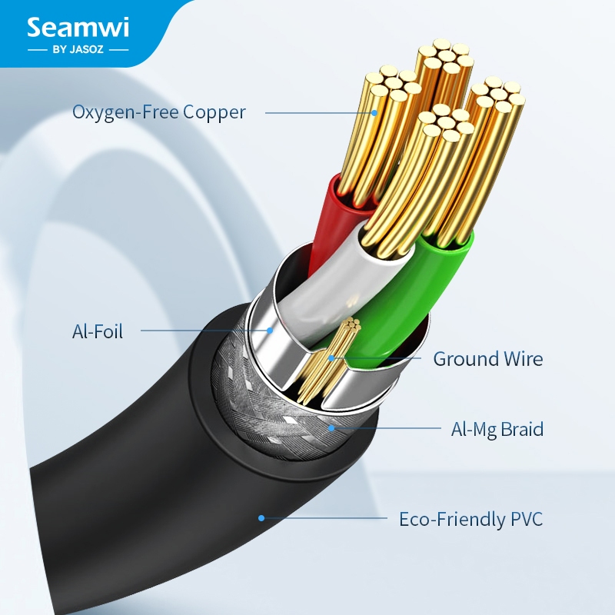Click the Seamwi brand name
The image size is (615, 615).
point(78,28)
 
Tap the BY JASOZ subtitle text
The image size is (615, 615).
point(78,50)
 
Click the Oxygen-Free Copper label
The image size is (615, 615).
point(159,112)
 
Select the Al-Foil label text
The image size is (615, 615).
point(98,331)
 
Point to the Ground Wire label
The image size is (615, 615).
point(488,359)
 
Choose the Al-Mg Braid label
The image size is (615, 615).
point(497,429)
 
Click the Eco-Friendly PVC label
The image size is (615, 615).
point(470,519)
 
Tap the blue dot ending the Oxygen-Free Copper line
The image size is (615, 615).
point(374,113)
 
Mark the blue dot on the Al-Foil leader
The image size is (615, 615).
point(270,331)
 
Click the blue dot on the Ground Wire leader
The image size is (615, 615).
point(331,358)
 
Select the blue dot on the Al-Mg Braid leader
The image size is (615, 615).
point(331,428)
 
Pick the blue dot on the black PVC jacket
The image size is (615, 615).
point(261,518)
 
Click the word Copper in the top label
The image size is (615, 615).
point(214,113)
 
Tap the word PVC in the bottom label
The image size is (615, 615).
point(527,519)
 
